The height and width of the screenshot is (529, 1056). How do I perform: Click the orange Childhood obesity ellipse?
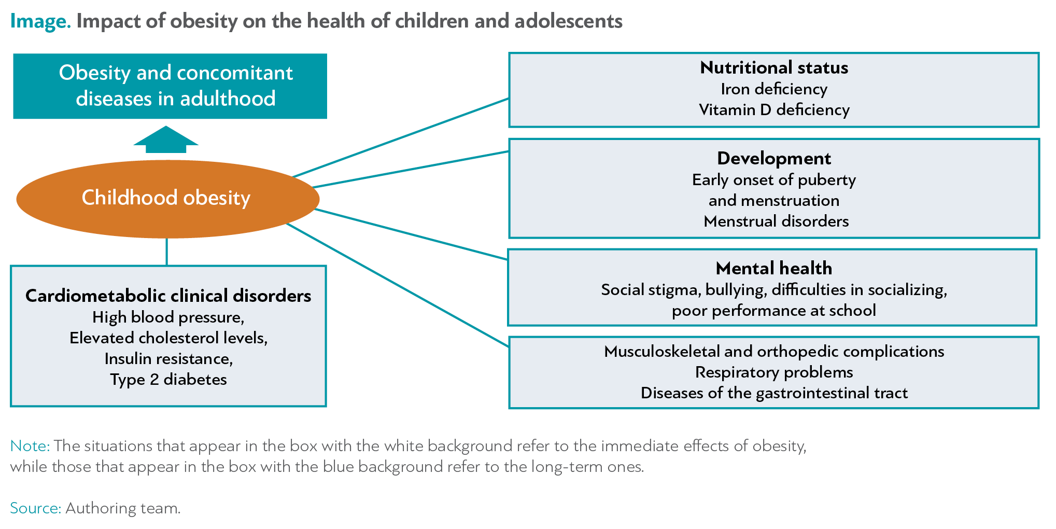click(168, 199)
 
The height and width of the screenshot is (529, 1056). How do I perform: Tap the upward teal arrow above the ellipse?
click(166, 140)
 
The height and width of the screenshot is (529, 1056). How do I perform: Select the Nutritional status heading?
click(774, 67)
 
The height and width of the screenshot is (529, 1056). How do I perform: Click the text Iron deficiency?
click(774, 89)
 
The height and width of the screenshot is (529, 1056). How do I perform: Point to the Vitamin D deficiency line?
click(774, 110)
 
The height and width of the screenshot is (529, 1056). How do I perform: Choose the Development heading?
click(774, 158)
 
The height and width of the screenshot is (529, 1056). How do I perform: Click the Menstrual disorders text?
click(776, 221)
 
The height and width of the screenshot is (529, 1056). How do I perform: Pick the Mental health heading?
click(774, 268)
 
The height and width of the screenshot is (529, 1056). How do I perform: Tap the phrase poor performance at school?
click(774, 311)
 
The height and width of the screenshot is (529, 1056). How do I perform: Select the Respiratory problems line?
click(774, 372)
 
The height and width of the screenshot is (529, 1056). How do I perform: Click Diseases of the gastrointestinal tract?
click(774, 393)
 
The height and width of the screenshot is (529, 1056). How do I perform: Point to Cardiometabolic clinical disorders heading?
click(168, 296)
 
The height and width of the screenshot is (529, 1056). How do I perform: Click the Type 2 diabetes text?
click(168, 380)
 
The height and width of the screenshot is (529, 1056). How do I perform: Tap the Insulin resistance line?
click(168, 359)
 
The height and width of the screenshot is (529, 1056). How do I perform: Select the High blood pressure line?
click(168, 317)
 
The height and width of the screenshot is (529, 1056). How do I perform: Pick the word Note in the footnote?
click(30, 446)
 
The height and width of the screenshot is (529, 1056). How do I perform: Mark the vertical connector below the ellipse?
click(167, 252)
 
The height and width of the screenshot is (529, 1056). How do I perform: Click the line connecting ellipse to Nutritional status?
click(401, 137)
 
